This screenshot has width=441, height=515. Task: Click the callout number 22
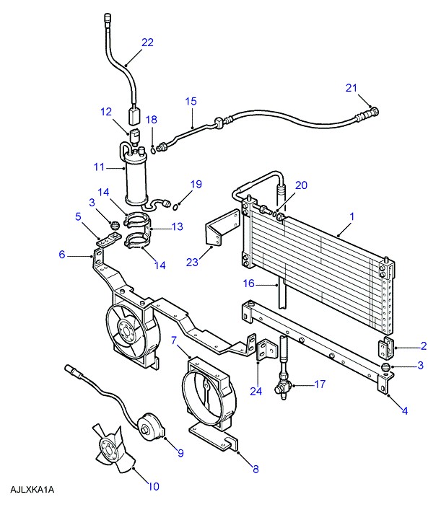[147, 43]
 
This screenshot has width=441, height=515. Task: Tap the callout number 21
[352, 88]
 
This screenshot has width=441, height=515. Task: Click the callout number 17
[320, 384]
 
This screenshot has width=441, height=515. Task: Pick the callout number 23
[192, 262]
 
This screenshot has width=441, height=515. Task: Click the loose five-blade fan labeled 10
[114, 448]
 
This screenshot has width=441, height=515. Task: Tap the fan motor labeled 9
[151, 427]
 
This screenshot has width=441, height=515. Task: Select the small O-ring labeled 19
[176, 206]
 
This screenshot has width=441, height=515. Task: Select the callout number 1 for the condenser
[352, 216]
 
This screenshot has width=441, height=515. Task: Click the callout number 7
[174, 340]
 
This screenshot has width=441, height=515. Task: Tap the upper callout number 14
[103, 192]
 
